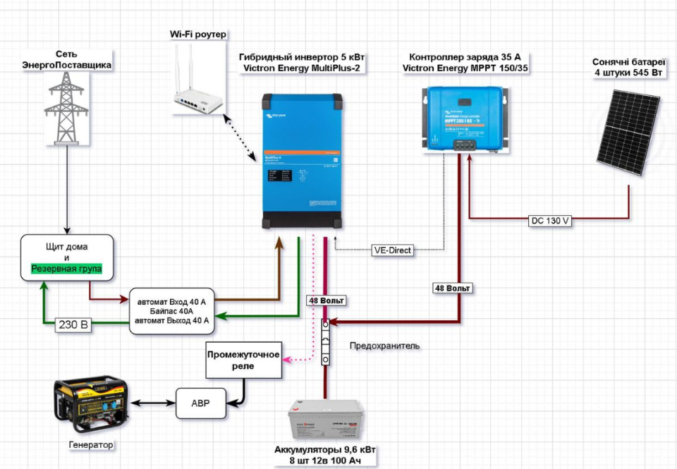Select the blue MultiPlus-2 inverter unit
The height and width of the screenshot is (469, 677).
click(x=303, y=161)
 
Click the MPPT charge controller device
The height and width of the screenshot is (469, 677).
click(x=463, y=118)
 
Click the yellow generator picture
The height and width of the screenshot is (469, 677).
click(x=91, y=403)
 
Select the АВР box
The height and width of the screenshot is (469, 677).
click(x=201, y=403)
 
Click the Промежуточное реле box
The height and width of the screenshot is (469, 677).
click(x=243, y=359)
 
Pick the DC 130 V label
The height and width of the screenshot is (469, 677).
click(x=549, y=221)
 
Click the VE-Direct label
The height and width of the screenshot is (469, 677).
click(x=393, y=250)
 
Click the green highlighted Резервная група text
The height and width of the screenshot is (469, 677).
click(x=67, y=269)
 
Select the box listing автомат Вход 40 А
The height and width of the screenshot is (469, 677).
click(x=172, y=311)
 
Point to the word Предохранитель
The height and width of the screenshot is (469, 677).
click(x=384, y=346)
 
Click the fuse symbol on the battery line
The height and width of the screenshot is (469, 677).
click(x=326, y=342)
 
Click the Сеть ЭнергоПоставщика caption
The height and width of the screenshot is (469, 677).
click(x=67, y=59)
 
